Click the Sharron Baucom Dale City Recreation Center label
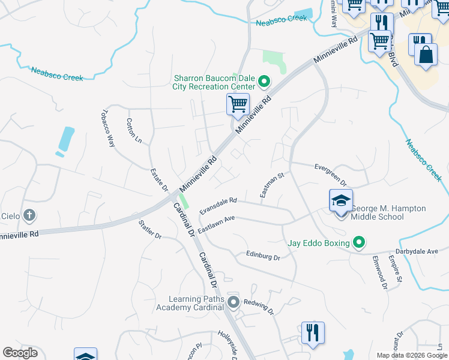click(x=214, y=82)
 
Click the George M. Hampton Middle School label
click(x=388, y=212)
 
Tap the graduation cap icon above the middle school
click(x=340, y=200)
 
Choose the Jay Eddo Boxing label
click(x=318, y=243)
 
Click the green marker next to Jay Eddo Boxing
click(x=359, y=242)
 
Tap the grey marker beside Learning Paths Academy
click(x=234, y=302)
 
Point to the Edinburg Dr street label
click(x=263, y=256)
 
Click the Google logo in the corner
click(x=20, y=353)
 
